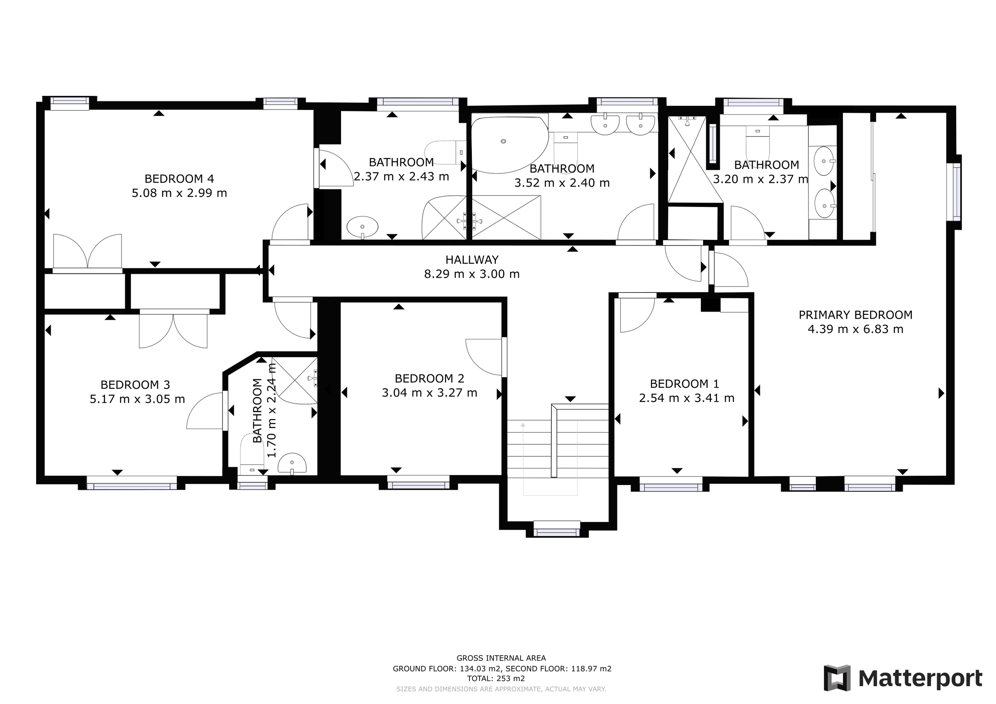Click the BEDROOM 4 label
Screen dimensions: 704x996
click(x=179, y=179)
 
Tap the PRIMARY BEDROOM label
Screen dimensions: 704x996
click(x=855, y=315)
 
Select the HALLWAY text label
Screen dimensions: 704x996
click(x=471, y=260)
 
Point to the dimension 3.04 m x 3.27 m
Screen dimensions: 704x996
click(x=429, y=393)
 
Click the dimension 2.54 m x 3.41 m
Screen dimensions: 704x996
click(x=686, y=398)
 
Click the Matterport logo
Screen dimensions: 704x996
click(x=903, y=678)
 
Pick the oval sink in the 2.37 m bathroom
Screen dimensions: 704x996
click(x=362, y=227)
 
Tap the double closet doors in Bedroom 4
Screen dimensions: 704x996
click(x=88, y=251)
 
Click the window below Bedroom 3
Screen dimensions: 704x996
click(x=132, y=483)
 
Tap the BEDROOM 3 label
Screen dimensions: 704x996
click(x=135, y=385)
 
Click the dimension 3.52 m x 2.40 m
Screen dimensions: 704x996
click(x=562, y=183)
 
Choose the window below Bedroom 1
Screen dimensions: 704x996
click(x=671, y=484)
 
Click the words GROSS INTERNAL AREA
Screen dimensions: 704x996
click(x=501, y=658)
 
